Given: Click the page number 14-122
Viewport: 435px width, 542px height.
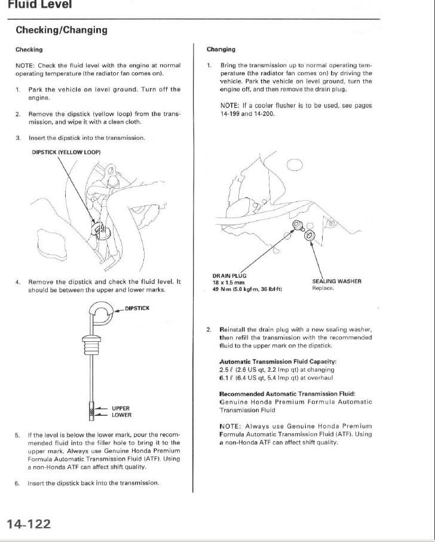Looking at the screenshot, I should tap(29, 524).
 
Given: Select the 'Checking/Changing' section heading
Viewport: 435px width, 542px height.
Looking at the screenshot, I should tap(62, 29).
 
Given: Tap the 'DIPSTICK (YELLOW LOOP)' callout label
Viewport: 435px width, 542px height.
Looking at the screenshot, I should tap(66, 152).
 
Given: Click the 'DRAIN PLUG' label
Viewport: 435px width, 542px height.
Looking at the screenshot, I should tap(229, 275).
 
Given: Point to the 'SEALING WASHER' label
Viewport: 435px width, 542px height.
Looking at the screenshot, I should tap(336, 281).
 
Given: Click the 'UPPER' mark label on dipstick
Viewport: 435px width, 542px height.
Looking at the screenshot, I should tap(121, 409).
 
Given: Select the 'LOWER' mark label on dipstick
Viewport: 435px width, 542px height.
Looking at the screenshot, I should tap(121, 415).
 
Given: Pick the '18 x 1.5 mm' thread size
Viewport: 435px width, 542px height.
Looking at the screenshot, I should tap(228, 282).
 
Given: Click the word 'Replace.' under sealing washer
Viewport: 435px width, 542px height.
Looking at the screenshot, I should tap(323, 288).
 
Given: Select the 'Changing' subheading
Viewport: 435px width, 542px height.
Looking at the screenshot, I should tap(220, 50).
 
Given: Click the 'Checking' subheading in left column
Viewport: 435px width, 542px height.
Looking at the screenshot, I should tap(29, 50).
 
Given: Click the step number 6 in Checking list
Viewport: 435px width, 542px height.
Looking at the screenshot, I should tap(18, 483).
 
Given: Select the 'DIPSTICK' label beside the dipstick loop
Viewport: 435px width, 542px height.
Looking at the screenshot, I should tap(137, 308).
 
